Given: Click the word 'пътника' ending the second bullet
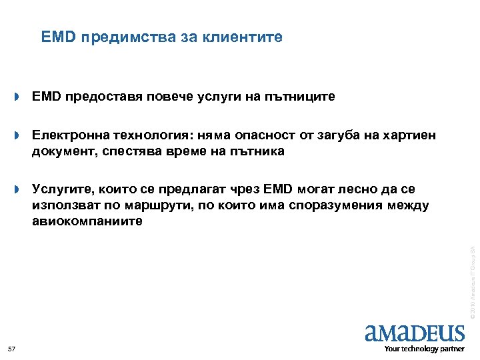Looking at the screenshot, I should [x=258, y=152].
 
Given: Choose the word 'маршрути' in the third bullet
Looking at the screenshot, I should [x=156, y=206].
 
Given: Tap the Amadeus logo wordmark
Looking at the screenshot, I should [x=415, y=333].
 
